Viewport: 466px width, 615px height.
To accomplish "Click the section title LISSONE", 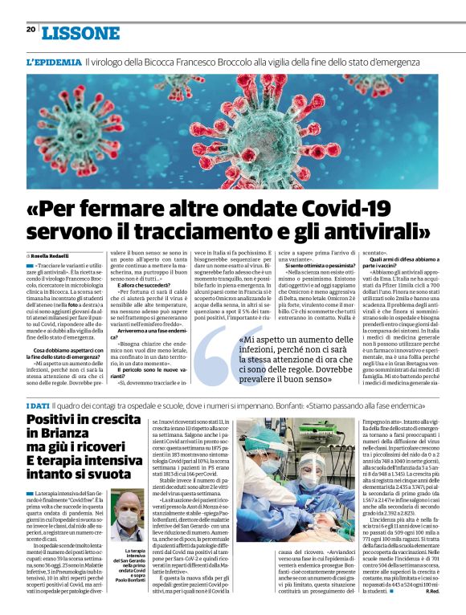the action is click(80, 33).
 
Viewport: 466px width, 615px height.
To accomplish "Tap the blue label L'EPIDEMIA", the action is click(53, 62).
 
